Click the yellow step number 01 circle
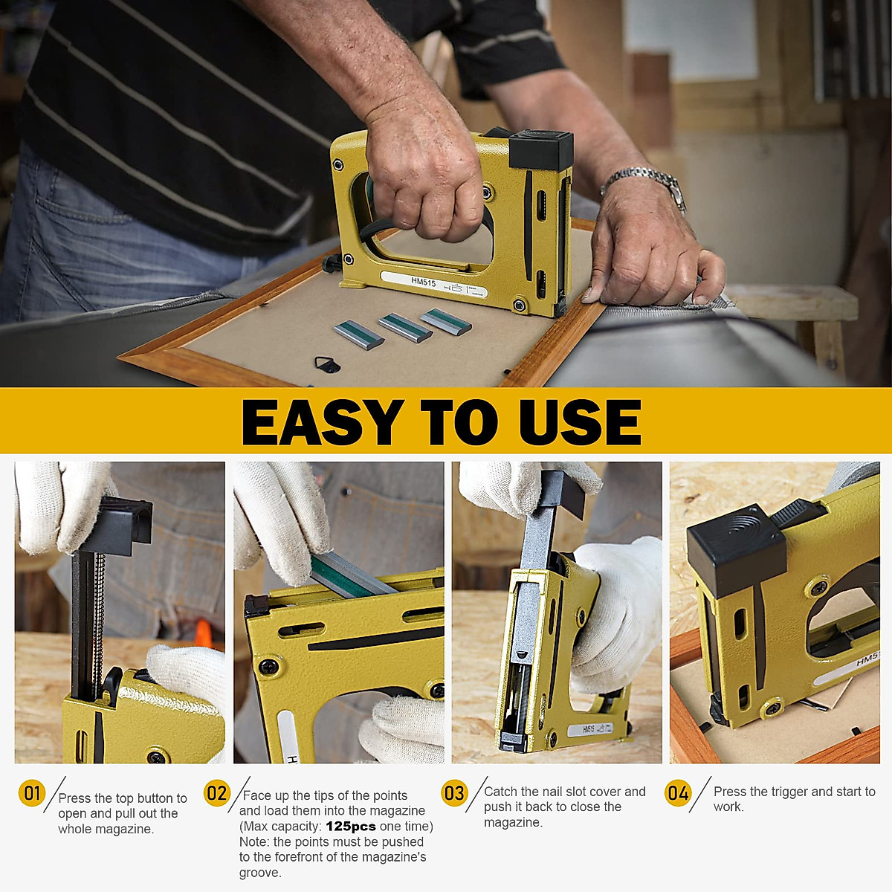pos(32,793)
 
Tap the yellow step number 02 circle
pos(216,793)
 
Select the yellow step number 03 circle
pos(453,793)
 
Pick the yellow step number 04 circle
pos(677,793)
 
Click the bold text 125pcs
pos(350,827)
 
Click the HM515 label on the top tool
pos(423,282)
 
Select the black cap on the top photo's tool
pos(540,149)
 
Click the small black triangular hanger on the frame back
pos(326,364)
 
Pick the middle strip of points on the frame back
pos(404,327)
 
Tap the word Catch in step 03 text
pos(501,792)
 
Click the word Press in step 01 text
pos(75,798)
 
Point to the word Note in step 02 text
pos(254,842)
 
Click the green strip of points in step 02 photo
pos(349,576)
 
